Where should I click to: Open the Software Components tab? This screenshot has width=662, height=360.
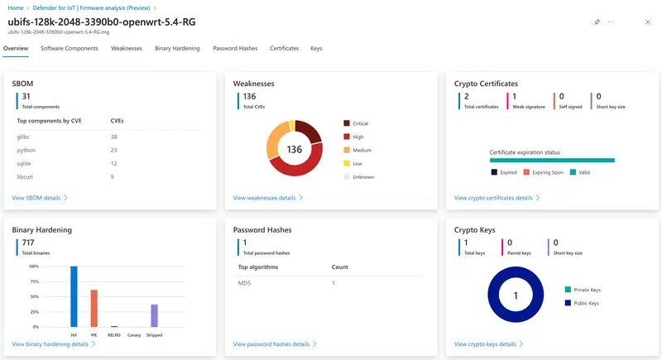pos(70,49)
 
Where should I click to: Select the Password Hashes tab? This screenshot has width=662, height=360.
pos(235,49)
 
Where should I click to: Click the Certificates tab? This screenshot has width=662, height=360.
pos(285,49)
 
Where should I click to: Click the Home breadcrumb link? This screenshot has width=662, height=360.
pos(15,7)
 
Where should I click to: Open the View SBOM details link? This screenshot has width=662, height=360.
pos(40,198)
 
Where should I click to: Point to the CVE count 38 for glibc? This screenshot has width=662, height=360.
pos(114,137)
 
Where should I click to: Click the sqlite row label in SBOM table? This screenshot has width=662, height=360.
pos(26,163)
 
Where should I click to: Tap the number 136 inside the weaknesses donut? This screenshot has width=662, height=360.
pos(295,150)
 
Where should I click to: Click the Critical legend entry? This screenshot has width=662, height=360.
pos(360,123)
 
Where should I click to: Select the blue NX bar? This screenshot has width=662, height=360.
pos(74,296)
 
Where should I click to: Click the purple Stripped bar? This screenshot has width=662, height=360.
pos(154,315)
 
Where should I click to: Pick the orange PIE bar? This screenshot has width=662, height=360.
pos(94,308)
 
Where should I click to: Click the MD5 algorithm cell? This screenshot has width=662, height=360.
pos(245,283)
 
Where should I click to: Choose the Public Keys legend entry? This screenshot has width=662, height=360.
pos(585,303)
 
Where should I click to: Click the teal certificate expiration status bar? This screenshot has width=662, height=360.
pos(552,160)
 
